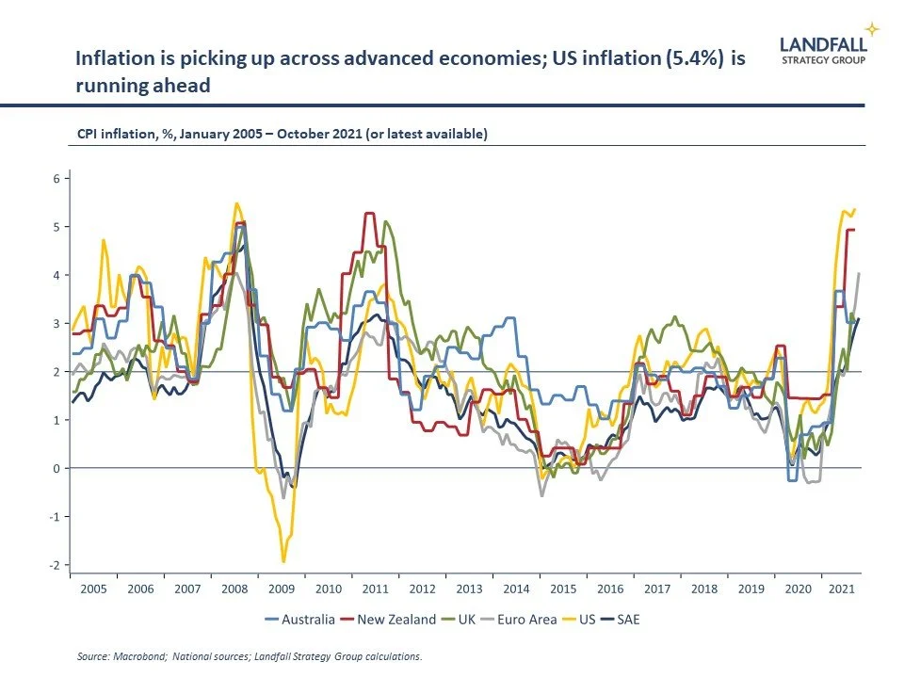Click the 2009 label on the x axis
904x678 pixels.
[x=282, y=589]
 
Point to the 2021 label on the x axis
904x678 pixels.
[x=840, y=589]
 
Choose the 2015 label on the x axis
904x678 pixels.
[x=562, y=589]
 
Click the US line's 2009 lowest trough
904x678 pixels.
[x=283, y=561]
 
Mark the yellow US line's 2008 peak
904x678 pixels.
[x=236, y=203]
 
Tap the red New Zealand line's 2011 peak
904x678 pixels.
[x=369, y=214]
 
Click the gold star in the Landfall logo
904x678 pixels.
[x=872, y=29]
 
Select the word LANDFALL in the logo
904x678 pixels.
[x=823, y=43]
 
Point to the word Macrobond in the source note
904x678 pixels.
[x=138, y=656]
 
